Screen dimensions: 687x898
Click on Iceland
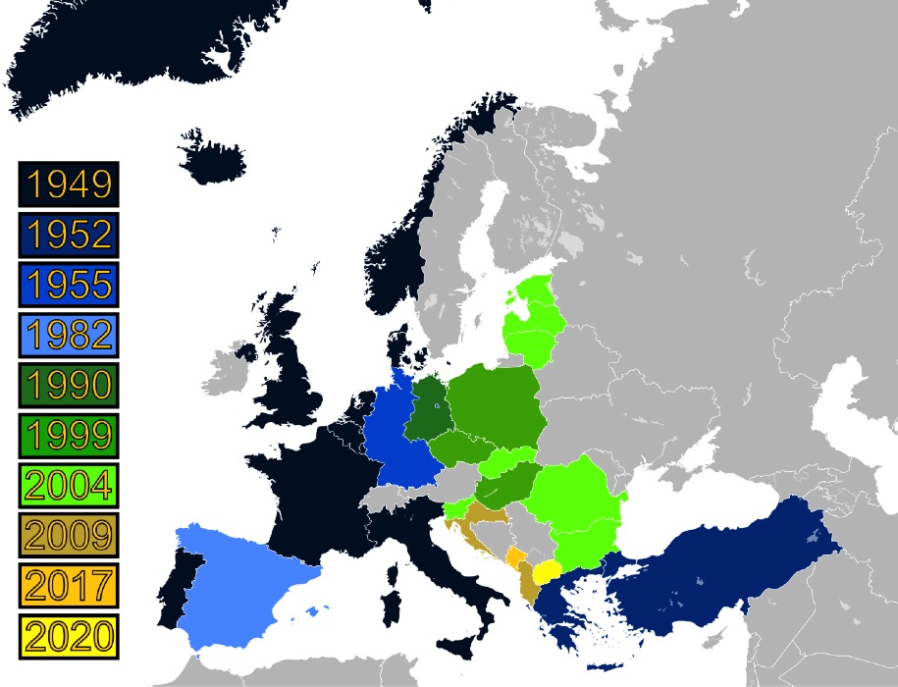pyautogui.click(x=218, y=157)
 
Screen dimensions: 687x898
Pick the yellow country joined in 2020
pyautogui.click(x=547, y=572)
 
